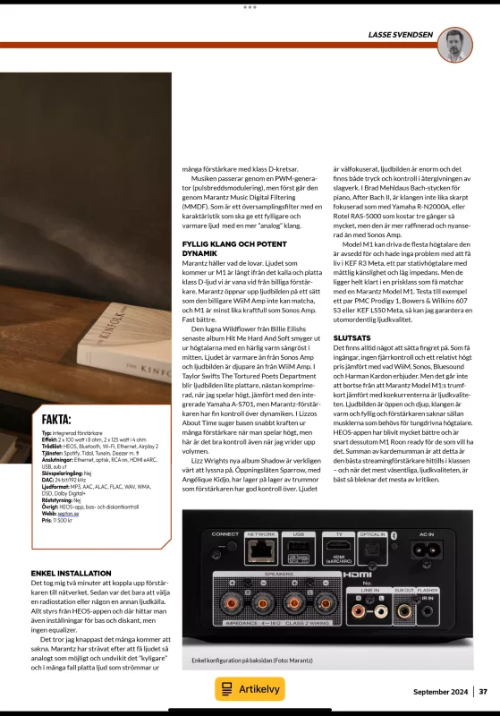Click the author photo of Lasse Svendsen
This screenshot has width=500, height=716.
click(x=456, y=44)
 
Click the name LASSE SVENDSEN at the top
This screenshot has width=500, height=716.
click(x=401, y=35)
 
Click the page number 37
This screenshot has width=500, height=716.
click(x=483, y=691)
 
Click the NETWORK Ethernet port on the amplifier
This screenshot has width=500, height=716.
click(x=260, y=551)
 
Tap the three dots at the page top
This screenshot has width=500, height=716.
click(x=250, y=6)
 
